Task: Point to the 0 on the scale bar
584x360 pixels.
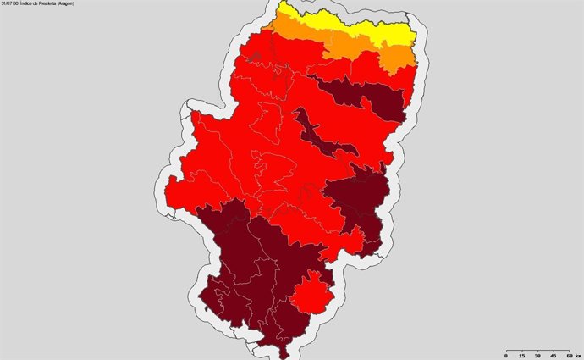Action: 506,355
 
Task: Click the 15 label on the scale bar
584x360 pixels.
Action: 521,355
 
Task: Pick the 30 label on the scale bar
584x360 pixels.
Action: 537,355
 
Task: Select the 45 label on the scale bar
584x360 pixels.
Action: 552,355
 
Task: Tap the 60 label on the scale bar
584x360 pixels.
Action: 566,355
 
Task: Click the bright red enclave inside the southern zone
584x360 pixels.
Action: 311,294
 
